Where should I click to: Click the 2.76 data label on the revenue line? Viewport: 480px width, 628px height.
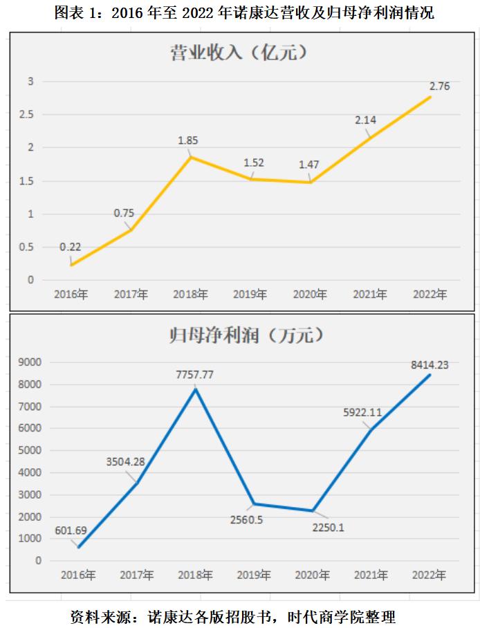pos(440,86)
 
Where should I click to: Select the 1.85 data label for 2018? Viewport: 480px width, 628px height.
pos(188,140)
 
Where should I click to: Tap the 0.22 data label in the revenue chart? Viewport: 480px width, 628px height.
pos(71,247)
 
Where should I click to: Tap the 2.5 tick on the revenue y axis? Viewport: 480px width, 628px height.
pos(27,115)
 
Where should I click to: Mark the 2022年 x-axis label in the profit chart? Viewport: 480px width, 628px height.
pos(429,575)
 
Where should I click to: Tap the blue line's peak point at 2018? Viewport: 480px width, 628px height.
pos(196,389)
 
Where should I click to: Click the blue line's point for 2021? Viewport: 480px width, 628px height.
pos(371,430)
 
